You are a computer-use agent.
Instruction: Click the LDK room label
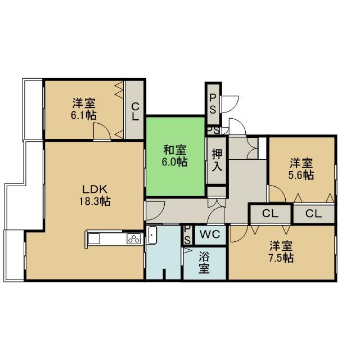coord(95,190)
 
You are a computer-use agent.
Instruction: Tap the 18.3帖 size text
coord(95,201)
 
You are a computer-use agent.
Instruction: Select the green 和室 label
coord(175,150)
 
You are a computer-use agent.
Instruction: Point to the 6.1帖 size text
coord(84,115)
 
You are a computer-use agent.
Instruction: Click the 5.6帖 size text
coord(301,175)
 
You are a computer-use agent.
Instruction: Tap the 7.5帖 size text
coord(281,258)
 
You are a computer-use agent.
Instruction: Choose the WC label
coord(210,235)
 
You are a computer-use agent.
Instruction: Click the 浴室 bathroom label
coord(204,263)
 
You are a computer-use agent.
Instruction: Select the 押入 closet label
coord(217,160)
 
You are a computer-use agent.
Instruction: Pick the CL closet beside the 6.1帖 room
coord(135,111)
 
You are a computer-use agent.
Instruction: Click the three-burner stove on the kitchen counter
coord(134,238)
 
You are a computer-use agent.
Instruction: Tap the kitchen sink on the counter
coord(94,238)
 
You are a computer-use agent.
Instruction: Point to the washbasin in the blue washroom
coord(152,235)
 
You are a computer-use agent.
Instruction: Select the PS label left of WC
coord(187,235)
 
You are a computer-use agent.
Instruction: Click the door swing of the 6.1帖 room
coord(102,131)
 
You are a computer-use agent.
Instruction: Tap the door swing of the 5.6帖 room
coord(277,193)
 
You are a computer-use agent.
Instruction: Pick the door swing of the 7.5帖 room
coord(239,234)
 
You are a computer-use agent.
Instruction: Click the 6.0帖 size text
coord(175,162)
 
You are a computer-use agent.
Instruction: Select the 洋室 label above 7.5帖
coord(281,246)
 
